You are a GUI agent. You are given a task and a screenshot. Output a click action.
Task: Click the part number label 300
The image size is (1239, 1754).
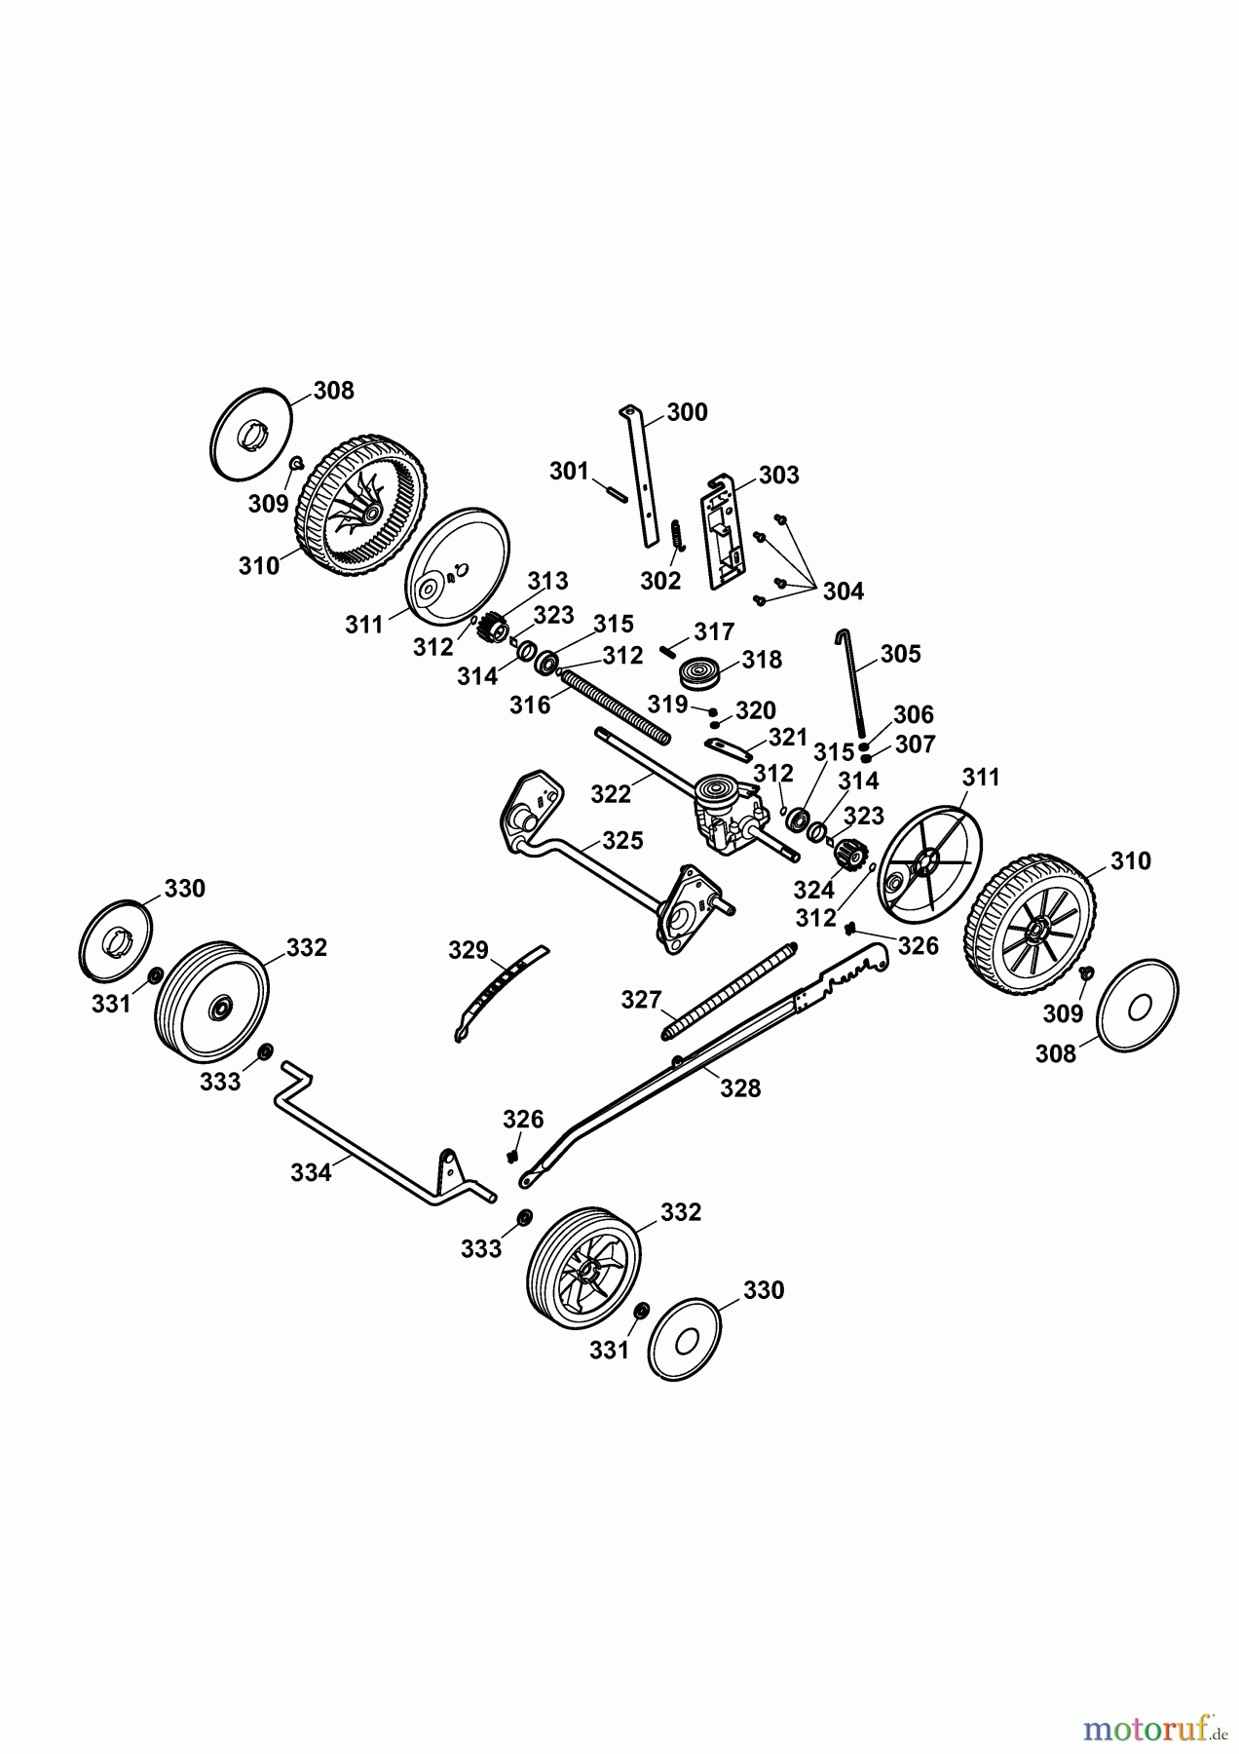(x=688, y=412)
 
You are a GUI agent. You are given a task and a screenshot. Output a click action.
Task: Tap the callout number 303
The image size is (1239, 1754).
(x=779, y=475)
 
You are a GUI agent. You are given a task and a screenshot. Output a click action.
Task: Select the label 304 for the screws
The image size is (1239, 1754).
(x=843, y=591)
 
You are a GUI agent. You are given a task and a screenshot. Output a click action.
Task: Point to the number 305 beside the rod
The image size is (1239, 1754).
(x=900, y=653)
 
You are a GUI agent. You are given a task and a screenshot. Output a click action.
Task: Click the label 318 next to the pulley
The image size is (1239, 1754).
(x=762, y=660)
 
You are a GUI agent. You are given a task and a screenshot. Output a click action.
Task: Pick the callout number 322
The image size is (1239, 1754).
(x=611, y=794)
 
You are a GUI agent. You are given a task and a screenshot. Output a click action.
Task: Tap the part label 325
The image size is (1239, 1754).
(x=622, y=840)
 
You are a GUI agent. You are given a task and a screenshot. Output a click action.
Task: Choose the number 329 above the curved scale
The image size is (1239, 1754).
(x=468, y=949)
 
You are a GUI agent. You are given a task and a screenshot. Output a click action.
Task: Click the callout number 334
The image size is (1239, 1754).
(x=311, y=1173)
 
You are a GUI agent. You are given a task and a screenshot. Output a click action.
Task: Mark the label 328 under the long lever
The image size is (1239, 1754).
(x=740, y=1088)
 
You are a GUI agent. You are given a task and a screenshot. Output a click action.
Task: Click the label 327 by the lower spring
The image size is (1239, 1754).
(x=642, y=999)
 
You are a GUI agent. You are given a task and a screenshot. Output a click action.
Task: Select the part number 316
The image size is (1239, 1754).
(x=530, y=705)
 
